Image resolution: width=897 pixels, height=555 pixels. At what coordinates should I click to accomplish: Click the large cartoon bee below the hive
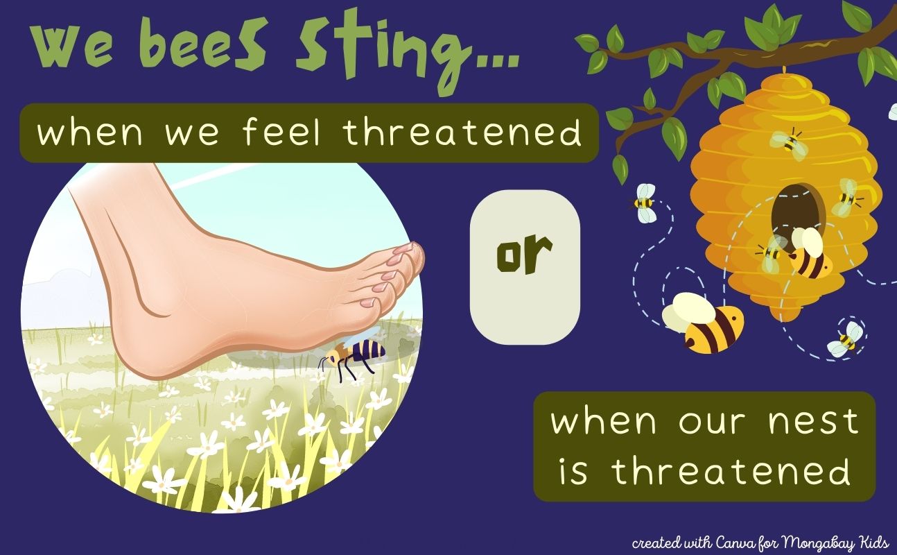coord(704,323)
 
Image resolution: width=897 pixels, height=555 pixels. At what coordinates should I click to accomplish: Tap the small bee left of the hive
coord(644,203)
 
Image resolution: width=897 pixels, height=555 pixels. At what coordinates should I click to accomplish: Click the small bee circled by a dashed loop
coord(847,339)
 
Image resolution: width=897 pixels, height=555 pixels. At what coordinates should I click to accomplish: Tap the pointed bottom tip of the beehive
coord(783,319)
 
